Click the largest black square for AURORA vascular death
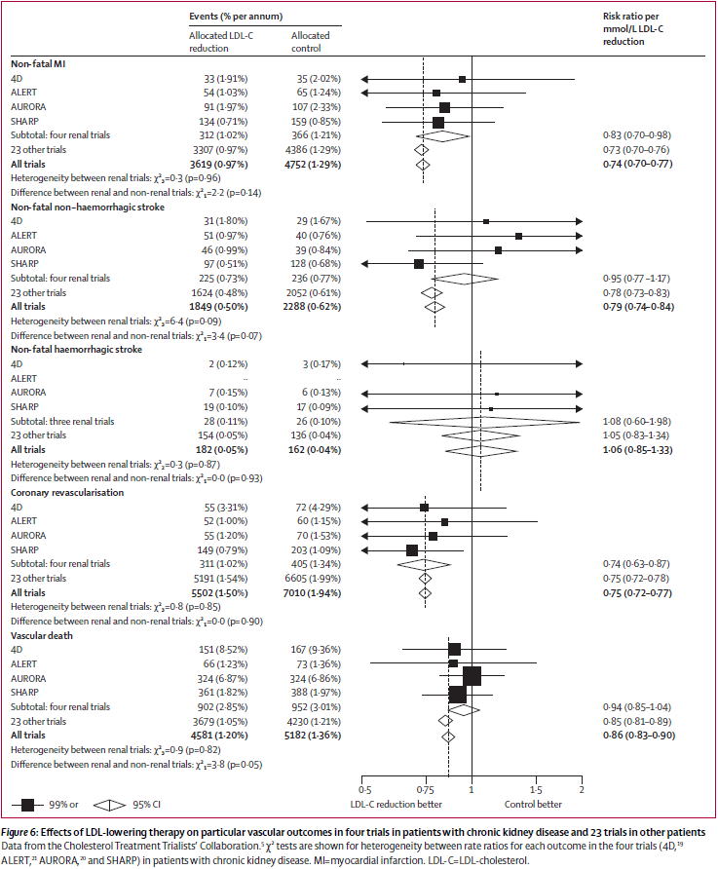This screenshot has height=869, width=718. click(472, 676)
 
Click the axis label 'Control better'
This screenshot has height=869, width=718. click(532, 805)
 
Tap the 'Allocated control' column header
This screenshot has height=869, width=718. click(311, 42)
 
